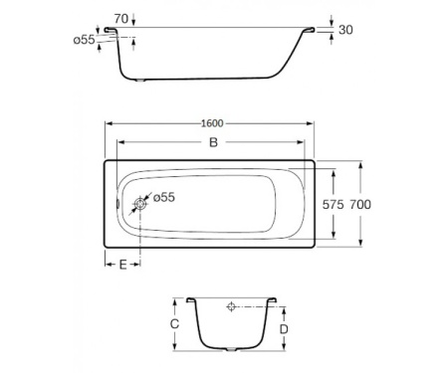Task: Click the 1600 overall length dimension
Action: pyautogui.click(x=211, y=123)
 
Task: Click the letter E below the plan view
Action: pyautogui.click(x=122, y=265)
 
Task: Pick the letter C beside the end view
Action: pyautogui.click(x=174, y=324)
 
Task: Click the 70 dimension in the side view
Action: pyautogui.click(x=119, y=18)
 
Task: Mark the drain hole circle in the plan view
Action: pyautogui.click(x=139, y=204)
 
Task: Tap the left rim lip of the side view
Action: pyautogui.click(x=112, y=33)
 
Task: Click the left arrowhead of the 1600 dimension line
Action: pyautogui.click(x=108, y=124)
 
